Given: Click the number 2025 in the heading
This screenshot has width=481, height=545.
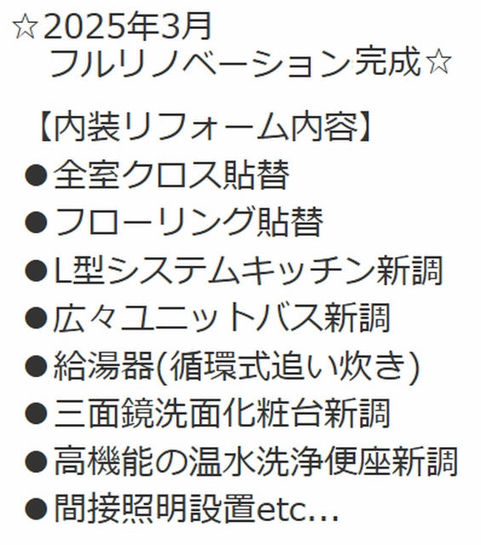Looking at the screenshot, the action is [x=84, y=26].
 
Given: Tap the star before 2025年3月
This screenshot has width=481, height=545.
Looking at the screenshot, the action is [x=25, y=27].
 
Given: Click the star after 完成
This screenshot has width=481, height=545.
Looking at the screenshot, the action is [x=439, y=62].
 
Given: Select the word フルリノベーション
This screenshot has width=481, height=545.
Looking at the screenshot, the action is [x=200, y=62].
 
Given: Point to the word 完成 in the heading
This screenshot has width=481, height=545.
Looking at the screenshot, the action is [x=387, y=62].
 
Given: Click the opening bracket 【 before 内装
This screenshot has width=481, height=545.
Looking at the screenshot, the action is [x=47, y=127].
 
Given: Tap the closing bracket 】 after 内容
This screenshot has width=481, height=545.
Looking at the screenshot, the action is [x=364, y=127].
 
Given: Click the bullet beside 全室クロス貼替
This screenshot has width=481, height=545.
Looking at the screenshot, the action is [x=36, y=175].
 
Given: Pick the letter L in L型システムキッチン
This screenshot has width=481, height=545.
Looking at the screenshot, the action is [x=62, y=270].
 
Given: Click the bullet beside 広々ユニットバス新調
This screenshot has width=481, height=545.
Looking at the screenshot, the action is [x=36, y=318].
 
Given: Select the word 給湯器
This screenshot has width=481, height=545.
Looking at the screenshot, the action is [x=104, y=365].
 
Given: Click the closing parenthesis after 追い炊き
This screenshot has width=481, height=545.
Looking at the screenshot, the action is [x=414, y=366].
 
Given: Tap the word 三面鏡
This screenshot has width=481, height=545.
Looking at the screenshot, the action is [x=104, y=414].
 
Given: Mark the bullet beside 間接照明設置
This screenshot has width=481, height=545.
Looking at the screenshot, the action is [x=36, y=509].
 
